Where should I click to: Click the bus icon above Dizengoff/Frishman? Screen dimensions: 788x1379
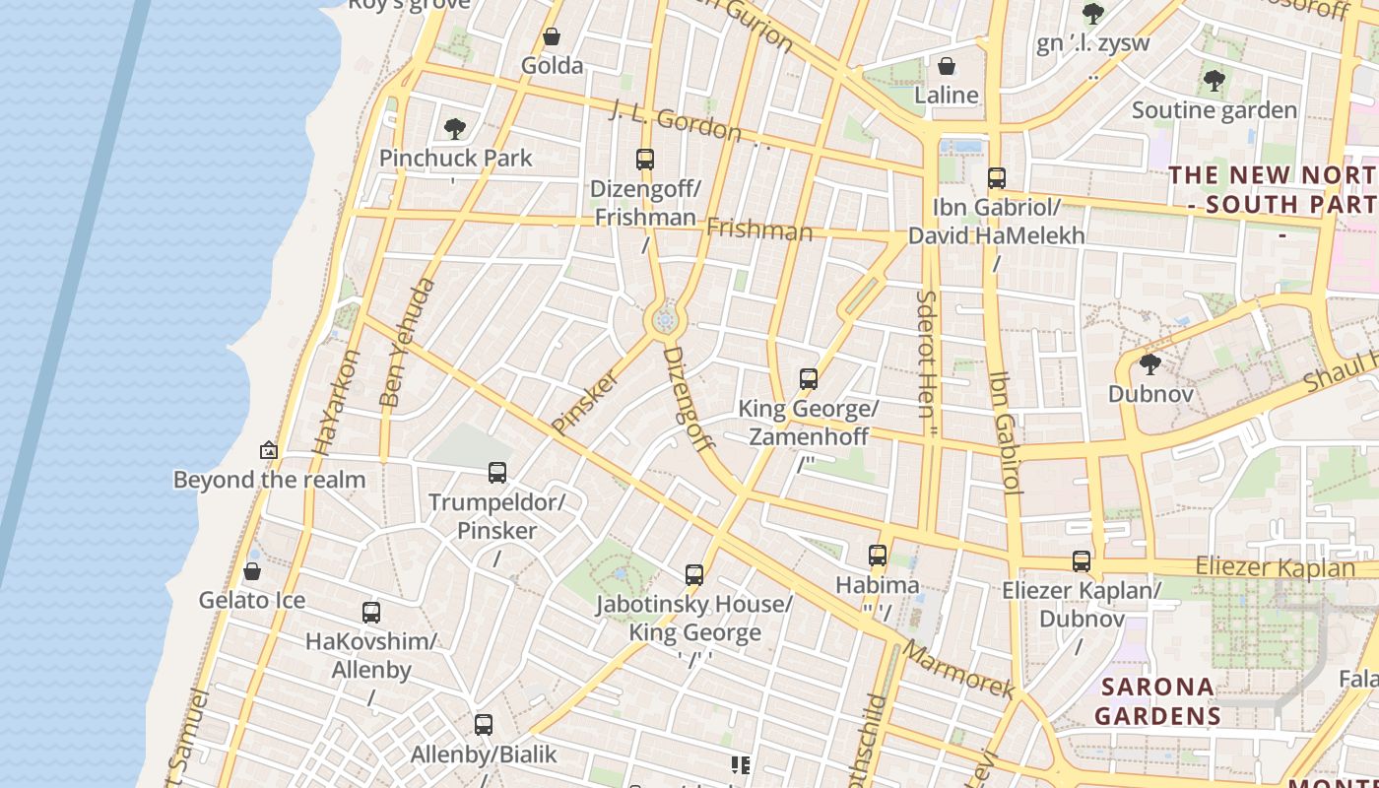[645, 159]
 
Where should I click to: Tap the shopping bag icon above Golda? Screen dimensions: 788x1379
[552, 37]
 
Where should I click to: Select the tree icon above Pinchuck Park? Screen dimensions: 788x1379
[454, 129]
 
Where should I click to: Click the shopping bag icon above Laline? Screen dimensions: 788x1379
[947, 66]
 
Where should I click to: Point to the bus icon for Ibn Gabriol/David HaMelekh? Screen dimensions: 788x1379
[997, 178]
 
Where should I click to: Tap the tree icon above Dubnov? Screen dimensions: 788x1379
[1149, 365]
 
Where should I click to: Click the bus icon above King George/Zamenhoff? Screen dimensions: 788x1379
[809, 379]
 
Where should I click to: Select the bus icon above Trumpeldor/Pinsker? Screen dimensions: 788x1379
[497, 473]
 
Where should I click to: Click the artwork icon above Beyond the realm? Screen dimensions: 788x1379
[268, 450]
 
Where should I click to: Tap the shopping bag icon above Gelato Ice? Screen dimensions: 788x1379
[252, 571]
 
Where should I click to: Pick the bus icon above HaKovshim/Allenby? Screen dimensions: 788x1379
[371, 613]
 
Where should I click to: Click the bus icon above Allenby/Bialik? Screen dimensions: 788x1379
[484, 725]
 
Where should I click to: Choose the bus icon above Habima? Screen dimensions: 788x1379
[878, 556]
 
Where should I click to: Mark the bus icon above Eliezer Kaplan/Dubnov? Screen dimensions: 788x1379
[1082, 561]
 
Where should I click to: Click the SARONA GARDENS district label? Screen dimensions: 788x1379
[1157, 700]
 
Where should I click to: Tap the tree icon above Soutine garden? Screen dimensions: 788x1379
[1214, 81]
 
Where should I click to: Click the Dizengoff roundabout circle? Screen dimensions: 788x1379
[665, 319]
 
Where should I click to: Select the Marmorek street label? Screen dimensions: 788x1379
[957, 671]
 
